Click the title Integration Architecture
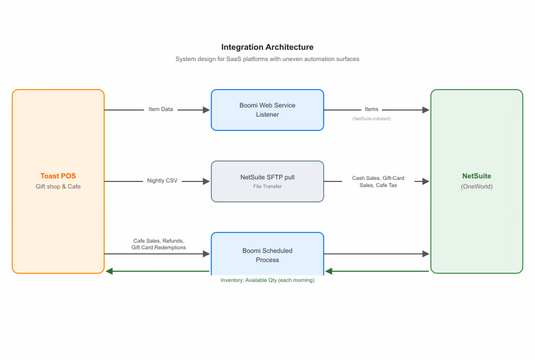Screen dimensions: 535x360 point(267,47)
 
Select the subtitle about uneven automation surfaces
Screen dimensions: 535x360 point(267,59)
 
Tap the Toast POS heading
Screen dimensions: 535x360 point(58,176)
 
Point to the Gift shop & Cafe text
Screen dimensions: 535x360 point(58,187)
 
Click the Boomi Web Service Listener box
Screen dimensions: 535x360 point(267,110)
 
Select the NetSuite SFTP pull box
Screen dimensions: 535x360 point(267,182)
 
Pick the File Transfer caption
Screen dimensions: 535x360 point(267,187)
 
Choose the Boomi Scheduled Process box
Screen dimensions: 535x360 point(267,254)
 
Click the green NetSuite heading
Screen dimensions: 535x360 point(477,176)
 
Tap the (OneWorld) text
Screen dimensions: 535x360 point(477,187)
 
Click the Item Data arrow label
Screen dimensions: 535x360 point(160,109)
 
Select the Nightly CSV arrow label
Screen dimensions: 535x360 point(162,180)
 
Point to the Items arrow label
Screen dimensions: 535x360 point(371,109)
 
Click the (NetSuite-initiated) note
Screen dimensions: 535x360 point(371,119)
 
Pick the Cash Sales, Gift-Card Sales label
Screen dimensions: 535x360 point(378,182)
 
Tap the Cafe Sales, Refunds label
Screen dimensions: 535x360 point(158,244)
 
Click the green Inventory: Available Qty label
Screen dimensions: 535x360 point(267,280)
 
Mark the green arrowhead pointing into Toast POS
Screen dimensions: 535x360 point(109,271)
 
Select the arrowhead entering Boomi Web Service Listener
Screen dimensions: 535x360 point(206,110)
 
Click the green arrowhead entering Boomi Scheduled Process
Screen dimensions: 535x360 point(329,271)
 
